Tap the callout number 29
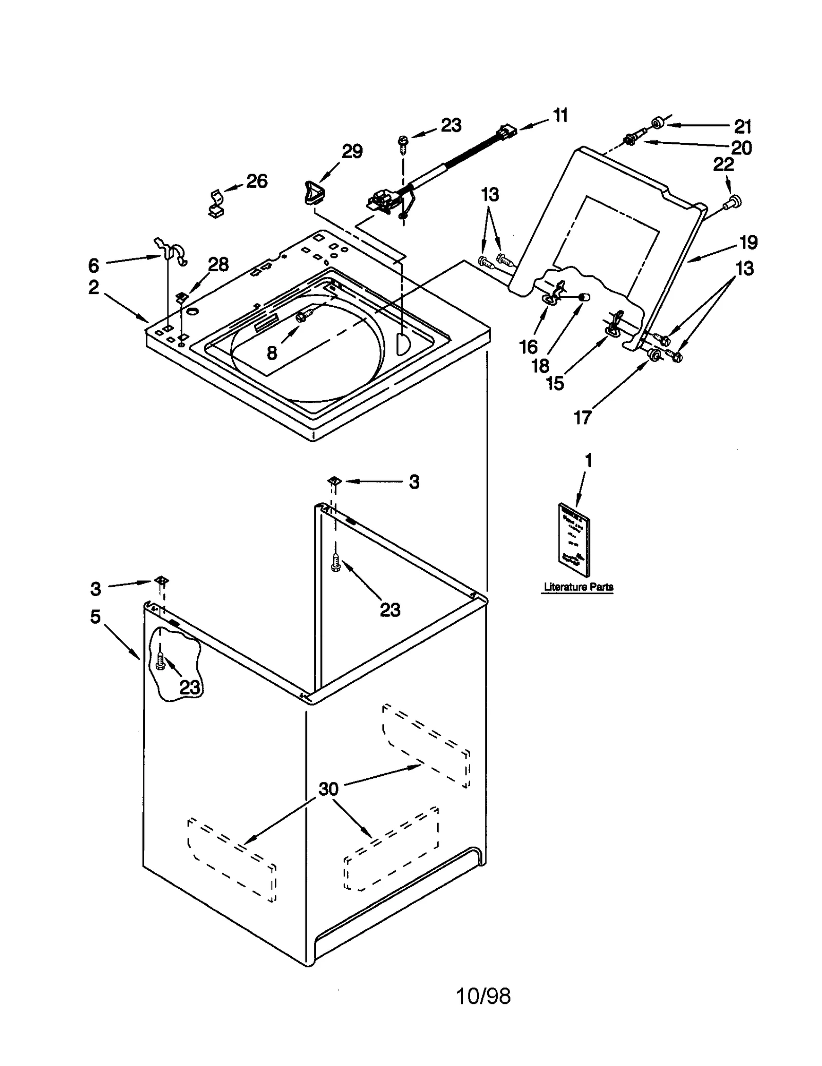(352, 151)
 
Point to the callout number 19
(748, 242)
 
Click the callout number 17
(583, 418)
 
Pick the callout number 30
(329, 789)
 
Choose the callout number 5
(96, 616)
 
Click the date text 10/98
(483, 1011)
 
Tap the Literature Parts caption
(578, 587)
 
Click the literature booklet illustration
(574, 539)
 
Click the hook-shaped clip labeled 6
(172, 250)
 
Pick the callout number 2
(94, 287)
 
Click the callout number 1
(589, 461)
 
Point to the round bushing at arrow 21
(657, 123)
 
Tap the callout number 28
(218, 265)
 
